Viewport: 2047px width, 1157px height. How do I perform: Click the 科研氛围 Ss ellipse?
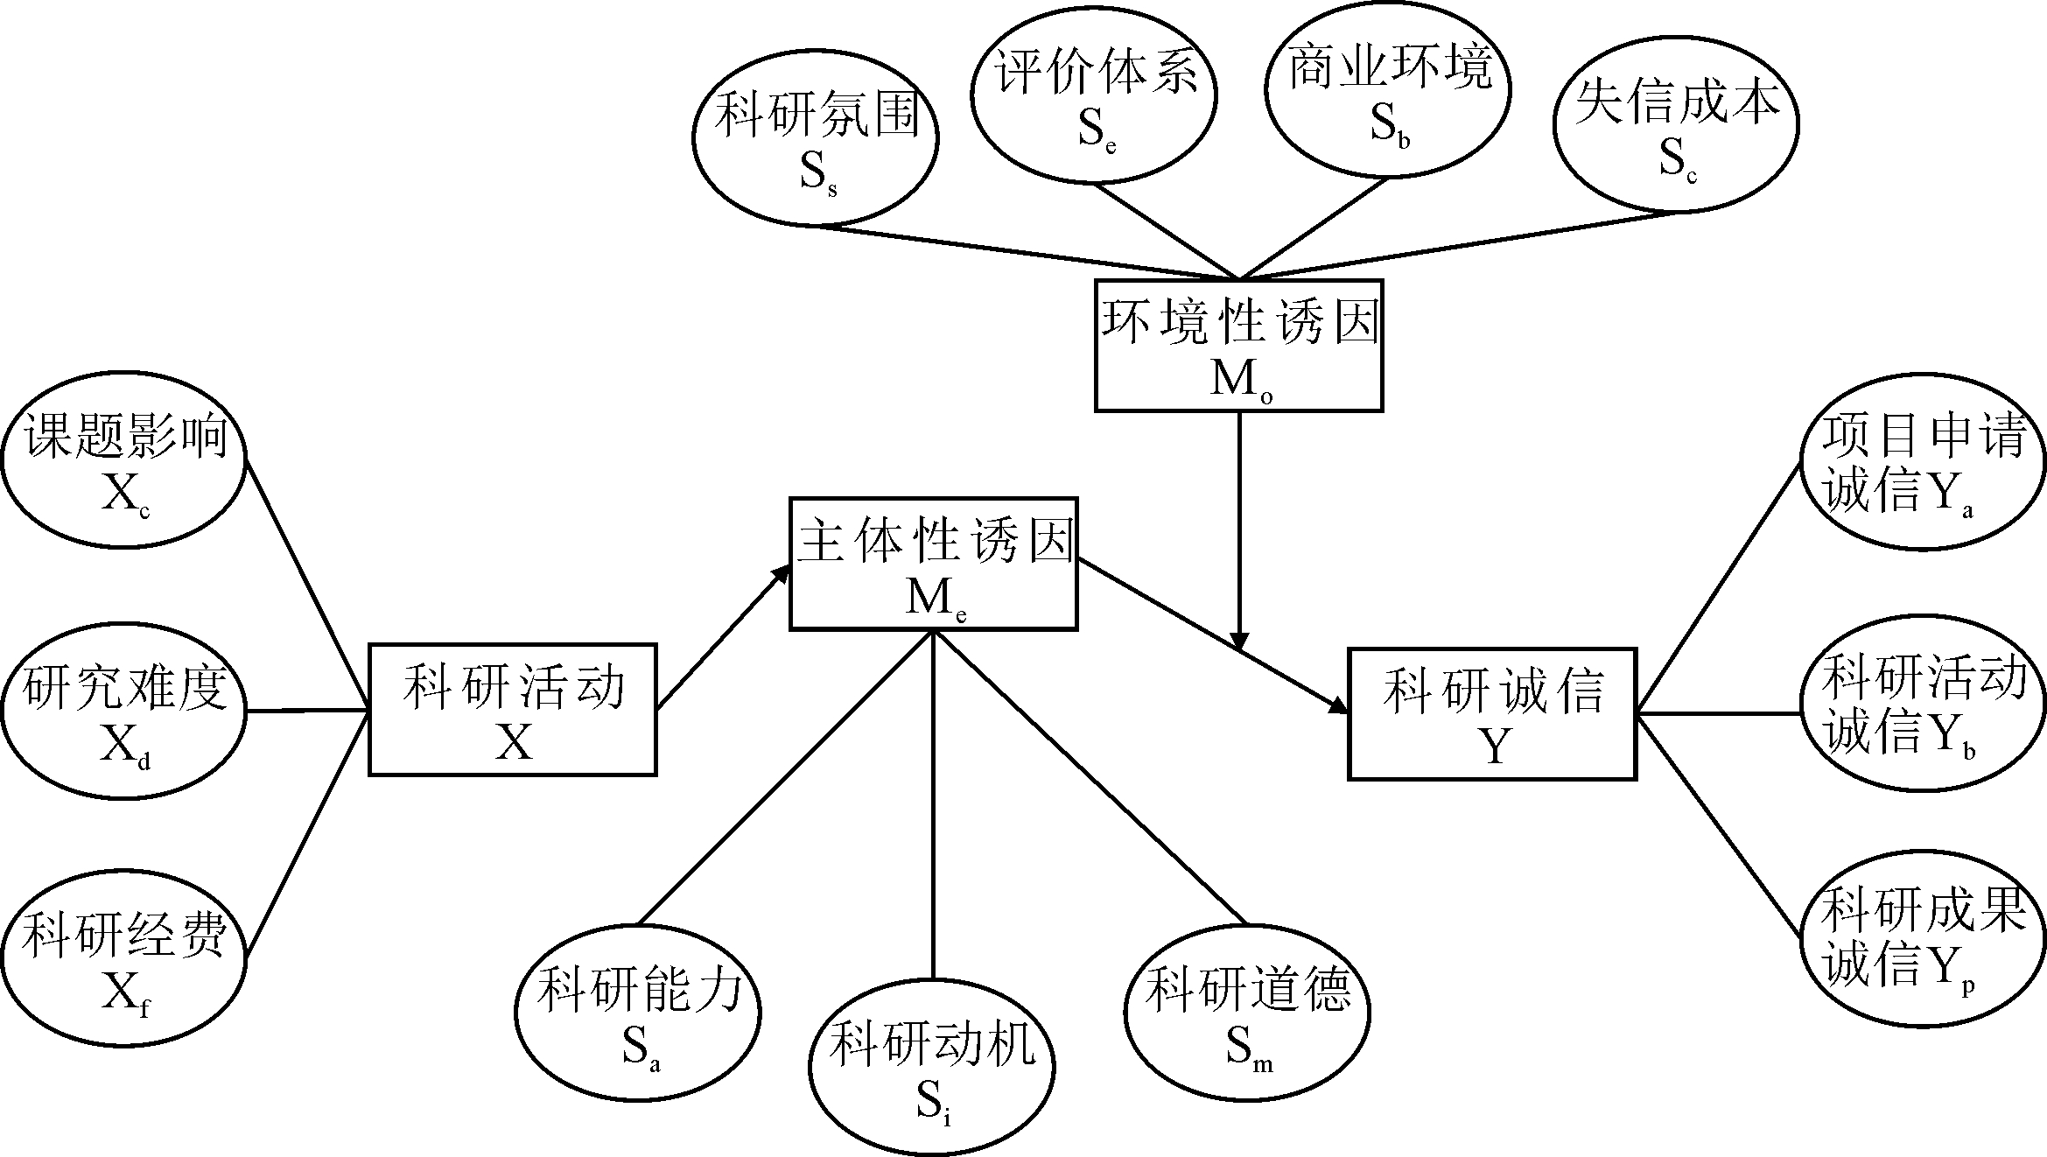click(815, 138)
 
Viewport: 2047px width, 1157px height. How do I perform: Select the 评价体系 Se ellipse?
click(1095, 96)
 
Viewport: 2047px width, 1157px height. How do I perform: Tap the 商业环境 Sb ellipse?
click(1388, 91)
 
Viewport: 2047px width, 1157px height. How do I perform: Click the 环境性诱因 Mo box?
click(1238, 346)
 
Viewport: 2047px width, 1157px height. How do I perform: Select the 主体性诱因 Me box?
click(933, 564)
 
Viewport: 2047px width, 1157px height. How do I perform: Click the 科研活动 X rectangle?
click(513, 710)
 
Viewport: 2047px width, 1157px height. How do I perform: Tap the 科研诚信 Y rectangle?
click(1491, 713)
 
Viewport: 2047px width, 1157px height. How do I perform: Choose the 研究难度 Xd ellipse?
click(123, 711)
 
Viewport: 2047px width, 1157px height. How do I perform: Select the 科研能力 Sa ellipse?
click(637, 1013)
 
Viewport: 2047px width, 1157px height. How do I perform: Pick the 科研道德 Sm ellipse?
click(1246, 1011)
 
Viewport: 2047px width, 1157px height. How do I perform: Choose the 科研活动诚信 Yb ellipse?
click(1923, 708)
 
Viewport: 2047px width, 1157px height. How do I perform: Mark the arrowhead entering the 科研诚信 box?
click(1337, 705)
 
